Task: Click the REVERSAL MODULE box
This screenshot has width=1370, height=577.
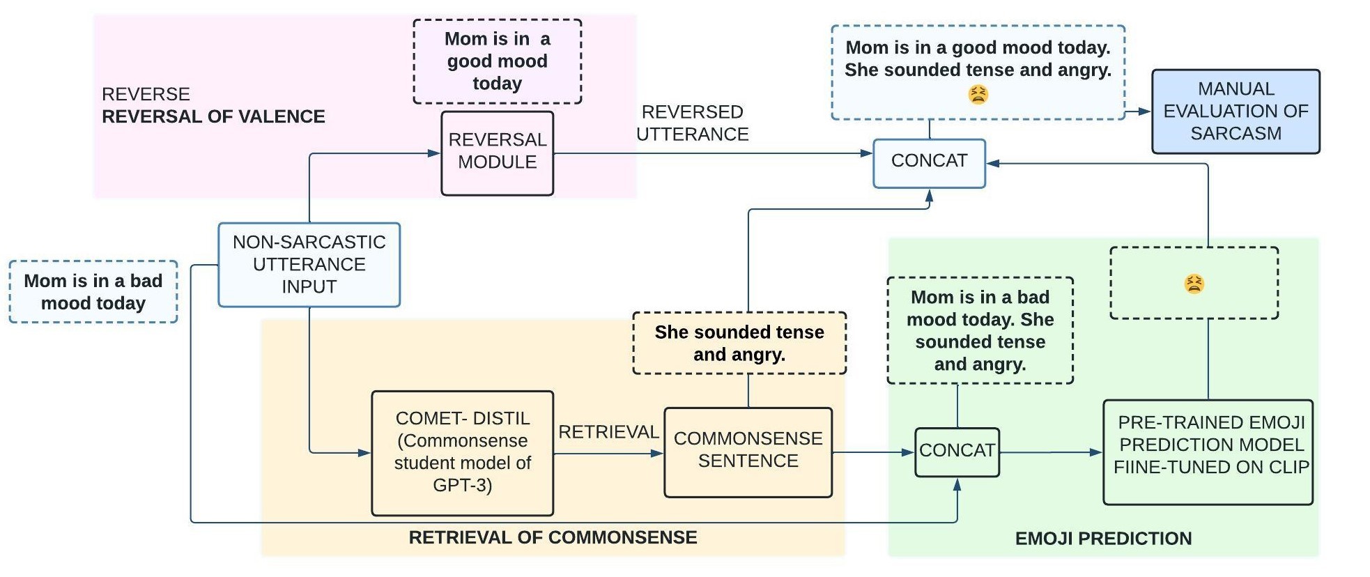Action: [497, 153]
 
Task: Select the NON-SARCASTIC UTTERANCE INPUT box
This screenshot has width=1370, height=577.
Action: [309, 264]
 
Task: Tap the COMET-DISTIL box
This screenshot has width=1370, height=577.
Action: [462, 452]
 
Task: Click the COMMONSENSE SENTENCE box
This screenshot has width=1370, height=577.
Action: [748, 451]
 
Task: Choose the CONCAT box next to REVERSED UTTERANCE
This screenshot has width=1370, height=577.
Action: [929, 162]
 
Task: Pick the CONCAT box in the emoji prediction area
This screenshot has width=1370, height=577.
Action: [956, 452]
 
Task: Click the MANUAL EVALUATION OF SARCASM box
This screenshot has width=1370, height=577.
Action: [1235, 111]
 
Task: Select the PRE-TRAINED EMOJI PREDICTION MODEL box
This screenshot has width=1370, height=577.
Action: [1208, 451]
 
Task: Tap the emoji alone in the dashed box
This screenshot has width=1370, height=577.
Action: [1194, 284]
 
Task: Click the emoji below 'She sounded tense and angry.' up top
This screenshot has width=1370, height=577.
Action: [978, 94]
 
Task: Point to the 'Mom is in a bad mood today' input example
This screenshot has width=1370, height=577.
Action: [93, 292]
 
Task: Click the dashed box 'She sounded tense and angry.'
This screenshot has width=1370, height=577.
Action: [739, 343]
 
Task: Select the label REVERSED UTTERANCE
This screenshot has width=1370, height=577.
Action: [692, 123]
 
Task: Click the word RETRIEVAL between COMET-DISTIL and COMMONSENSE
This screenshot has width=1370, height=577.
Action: [608, 432]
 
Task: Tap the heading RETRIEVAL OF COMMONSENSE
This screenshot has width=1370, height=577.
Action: [553, 537]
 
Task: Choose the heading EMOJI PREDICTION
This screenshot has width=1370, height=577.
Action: [1102, 538]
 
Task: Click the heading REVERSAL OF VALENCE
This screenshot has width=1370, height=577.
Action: [213, 116]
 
